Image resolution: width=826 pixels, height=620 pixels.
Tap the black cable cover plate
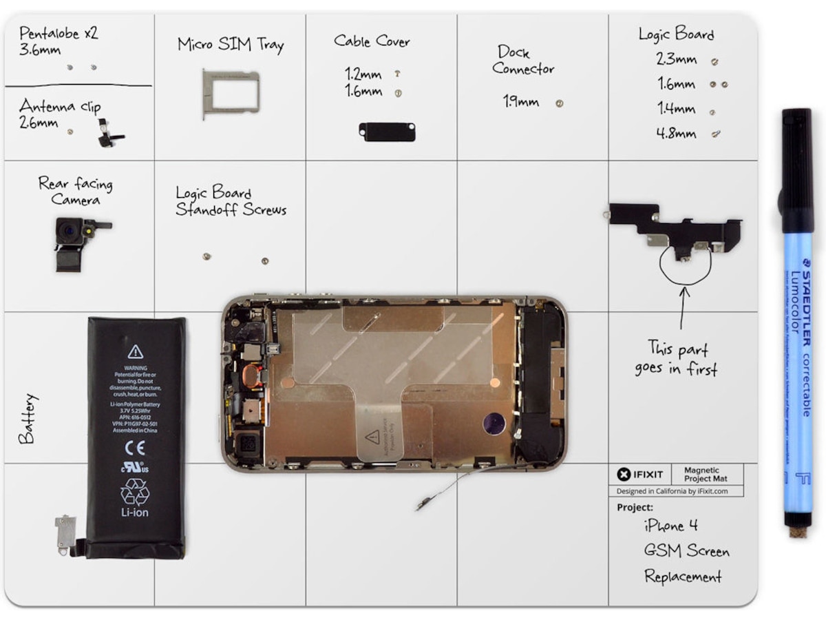(387, 132)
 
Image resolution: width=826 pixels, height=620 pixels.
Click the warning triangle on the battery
(136, 352)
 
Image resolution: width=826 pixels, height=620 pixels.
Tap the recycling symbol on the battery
(135, 491)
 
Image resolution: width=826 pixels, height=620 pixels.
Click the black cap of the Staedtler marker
(797, 169)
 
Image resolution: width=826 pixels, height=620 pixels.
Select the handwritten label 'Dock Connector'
(523, 61)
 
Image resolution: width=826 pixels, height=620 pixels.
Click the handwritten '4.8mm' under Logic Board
(676, 134)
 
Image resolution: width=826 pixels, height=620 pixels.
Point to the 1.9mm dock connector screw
(560, 103)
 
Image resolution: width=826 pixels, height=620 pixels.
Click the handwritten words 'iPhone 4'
(670, 526)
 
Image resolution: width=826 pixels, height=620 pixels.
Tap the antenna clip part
(108, 133)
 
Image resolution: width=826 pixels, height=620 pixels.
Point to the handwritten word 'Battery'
(27, 419)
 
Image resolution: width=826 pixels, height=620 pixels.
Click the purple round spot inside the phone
(494, 423)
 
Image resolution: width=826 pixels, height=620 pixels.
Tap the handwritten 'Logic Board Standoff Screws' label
(231, 201)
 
